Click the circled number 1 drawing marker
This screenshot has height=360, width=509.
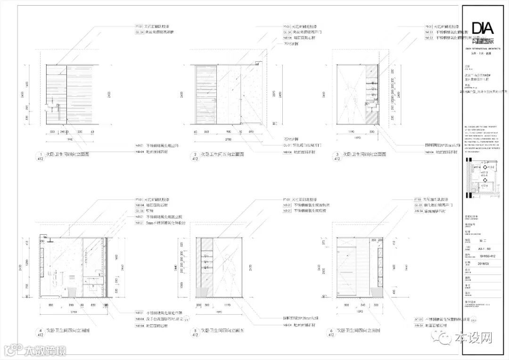tap(41, 155)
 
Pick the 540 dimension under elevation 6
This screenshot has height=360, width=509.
tap(363, 305)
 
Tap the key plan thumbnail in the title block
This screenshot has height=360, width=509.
tap(481, 180)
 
